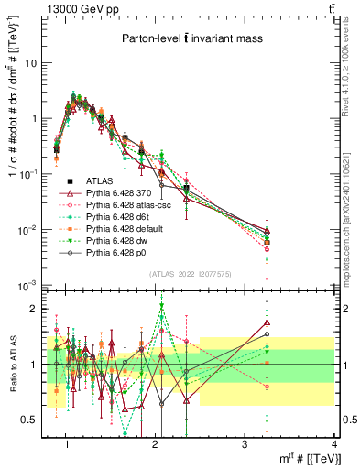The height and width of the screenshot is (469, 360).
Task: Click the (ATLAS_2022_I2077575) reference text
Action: tap(191, 274)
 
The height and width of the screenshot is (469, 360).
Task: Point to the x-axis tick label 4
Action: tap(333, 443)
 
